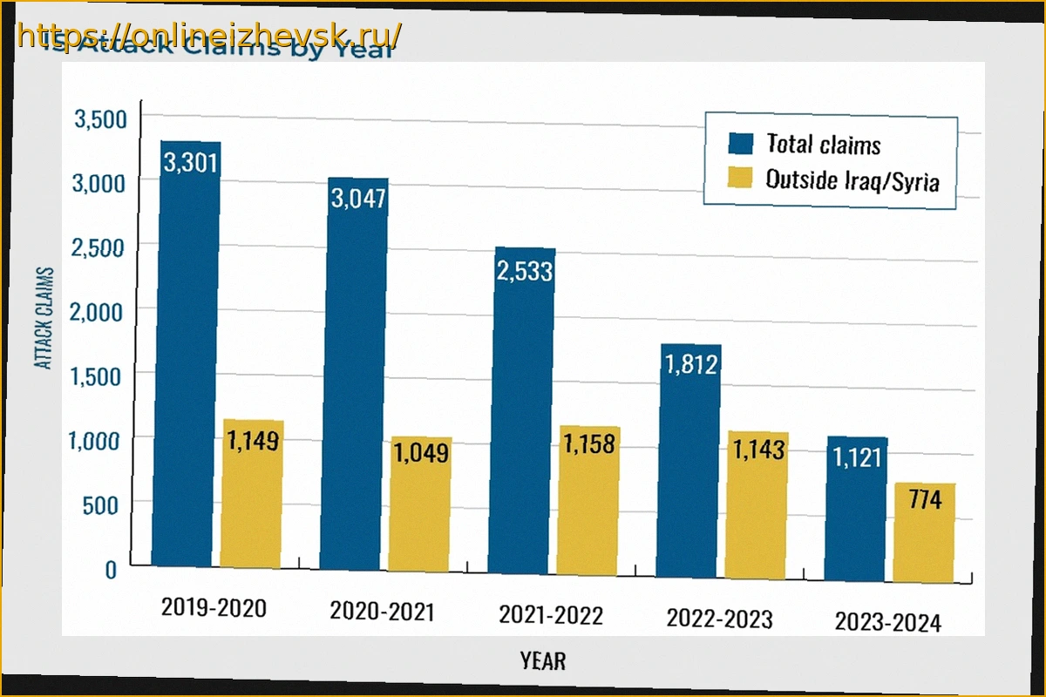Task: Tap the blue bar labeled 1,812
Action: [x=689, y=462]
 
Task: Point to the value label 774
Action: [x=923, y=504]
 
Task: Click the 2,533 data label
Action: [x=524, y=271]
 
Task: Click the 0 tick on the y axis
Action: [x=110, y=571]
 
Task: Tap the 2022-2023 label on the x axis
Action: [x=719, y=619]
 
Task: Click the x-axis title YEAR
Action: [x=543, y=660]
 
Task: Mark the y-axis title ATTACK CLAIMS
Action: [x=44, y=318]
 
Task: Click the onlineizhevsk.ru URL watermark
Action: [x=209, y=36]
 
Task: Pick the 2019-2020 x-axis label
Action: [x=214, y=607]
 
